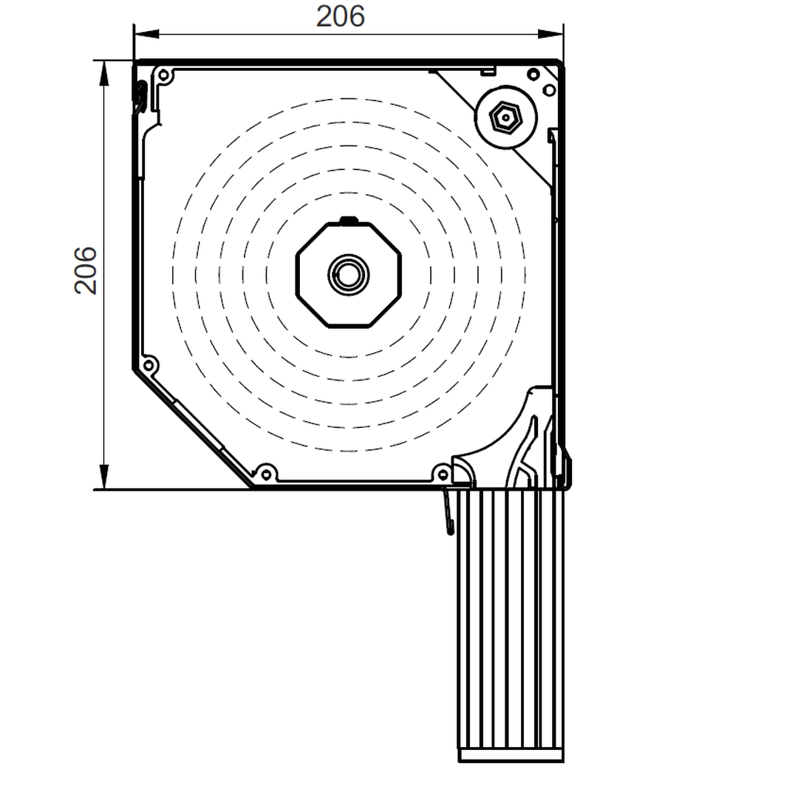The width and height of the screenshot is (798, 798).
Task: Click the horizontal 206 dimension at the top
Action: click(x=340, y=16)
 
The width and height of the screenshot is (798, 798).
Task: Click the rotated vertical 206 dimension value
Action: click(x=85, y=270)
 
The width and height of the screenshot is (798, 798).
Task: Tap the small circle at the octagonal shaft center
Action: click(x=349, y=276)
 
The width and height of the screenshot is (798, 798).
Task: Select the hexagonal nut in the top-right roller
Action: click(x=505, y=117)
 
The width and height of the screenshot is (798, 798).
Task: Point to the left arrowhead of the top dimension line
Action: click(x=146, y=34)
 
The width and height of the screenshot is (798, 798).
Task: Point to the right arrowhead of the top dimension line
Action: click(x=550, y=34)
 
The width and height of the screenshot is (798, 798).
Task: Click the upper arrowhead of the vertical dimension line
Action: click(x=104, y=73)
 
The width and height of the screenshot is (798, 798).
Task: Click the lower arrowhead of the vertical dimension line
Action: click(x=104, y=477)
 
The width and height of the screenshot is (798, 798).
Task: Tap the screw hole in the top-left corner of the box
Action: click(x=164, y=76)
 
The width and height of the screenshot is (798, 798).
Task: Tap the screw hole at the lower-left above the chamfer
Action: click(x=148, y=365)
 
